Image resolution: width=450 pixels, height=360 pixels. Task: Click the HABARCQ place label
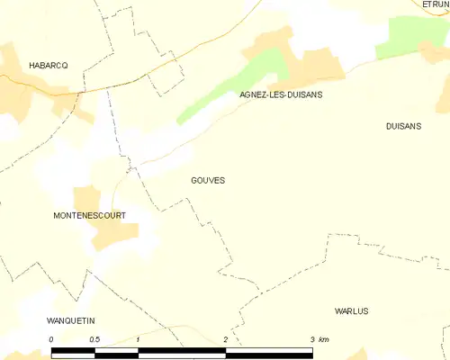pos(49,66)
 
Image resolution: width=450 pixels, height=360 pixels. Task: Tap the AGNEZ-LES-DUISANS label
pos(281,94)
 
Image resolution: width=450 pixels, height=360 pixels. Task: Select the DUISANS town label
pos(402,127)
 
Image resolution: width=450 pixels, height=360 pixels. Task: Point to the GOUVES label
pos(208,180)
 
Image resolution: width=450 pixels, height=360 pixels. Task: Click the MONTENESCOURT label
pos(89,216)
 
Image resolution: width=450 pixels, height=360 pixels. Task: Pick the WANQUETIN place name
pos(70,321)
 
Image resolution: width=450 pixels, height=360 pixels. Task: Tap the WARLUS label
pos(351,310)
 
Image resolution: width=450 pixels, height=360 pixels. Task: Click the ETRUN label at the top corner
pos(436,4)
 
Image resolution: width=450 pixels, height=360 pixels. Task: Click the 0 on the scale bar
pos(51,339)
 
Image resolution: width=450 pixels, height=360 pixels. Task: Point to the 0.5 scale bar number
pos(94,339)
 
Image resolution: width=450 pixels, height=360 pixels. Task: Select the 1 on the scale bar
pos(138,339)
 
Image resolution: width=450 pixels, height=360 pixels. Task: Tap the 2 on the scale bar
pos(225,339)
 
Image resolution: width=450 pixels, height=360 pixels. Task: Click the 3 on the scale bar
pos(311,339)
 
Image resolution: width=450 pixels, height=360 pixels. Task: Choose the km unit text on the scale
pos(324,339)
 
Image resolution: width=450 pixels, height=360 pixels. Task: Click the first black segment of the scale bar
pos(73,352)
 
